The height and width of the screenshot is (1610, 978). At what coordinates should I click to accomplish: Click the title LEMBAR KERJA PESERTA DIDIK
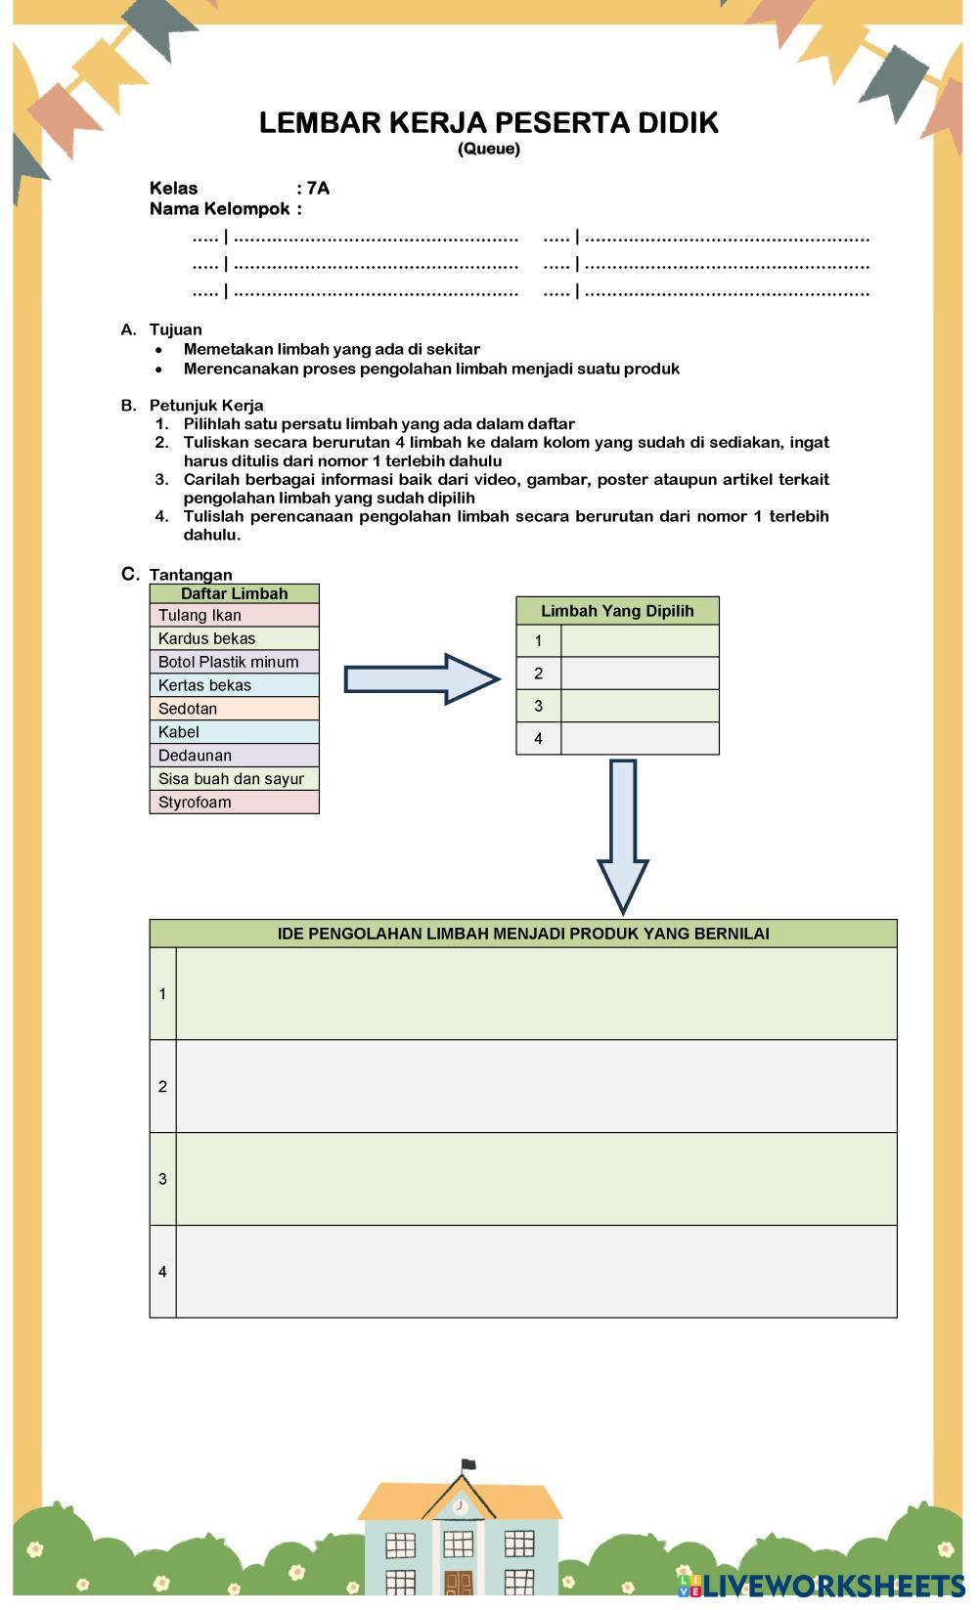point(489,123)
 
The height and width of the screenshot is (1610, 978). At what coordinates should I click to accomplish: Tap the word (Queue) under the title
point(489,149)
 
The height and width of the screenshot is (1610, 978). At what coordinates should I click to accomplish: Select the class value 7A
point(319,188)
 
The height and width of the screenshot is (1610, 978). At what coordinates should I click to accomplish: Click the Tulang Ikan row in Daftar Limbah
point(234,615)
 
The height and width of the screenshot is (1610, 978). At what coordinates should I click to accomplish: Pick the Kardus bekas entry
point(234,638)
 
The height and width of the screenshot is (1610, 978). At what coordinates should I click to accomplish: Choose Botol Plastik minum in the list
point(234,662)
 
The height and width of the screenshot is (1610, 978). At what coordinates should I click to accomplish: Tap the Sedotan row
point(234,709)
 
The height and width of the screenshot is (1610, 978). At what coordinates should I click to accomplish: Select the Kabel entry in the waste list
point(234,732)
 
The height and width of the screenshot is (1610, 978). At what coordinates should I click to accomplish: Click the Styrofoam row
point(234,803)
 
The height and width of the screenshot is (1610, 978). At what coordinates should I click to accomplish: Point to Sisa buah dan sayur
point(234,779)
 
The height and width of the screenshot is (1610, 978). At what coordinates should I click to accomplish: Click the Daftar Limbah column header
point(234,593)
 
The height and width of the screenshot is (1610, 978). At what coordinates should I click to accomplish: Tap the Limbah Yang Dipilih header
point(617,611)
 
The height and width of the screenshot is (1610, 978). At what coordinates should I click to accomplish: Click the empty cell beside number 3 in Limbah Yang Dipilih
point(640,706)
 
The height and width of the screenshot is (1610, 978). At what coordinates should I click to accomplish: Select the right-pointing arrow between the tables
point(422,678)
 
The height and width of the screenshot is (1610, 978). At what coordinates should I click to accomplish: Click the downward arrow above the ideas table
point(623,836)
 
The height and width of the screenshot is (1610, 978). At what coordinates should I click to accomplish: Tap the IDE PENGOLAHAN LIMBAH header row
point(523,934)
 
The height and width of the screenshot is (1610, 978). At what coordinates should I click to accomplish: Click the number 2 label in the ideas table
point(162,1086)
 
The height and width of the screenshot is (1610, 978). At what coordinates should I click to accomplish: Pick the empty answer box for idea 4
point(536,1272)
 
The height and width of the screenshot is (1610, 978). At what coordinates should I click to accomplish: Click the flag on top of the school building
point(468,1464)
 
